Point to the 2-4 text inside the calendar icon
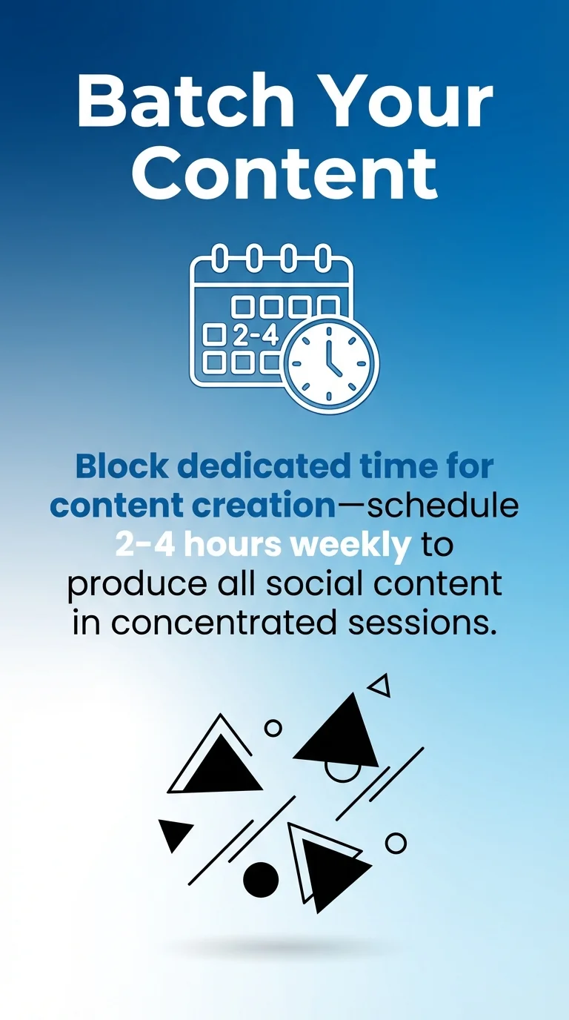tap(256, 336)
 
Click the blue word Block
tap(123, 466)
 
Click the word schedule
tap(443, 506)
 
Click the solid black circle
tap(261, 880)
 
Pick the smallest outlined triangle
tap(380, 686)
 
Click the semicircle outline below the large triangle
tap(343, 772)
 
